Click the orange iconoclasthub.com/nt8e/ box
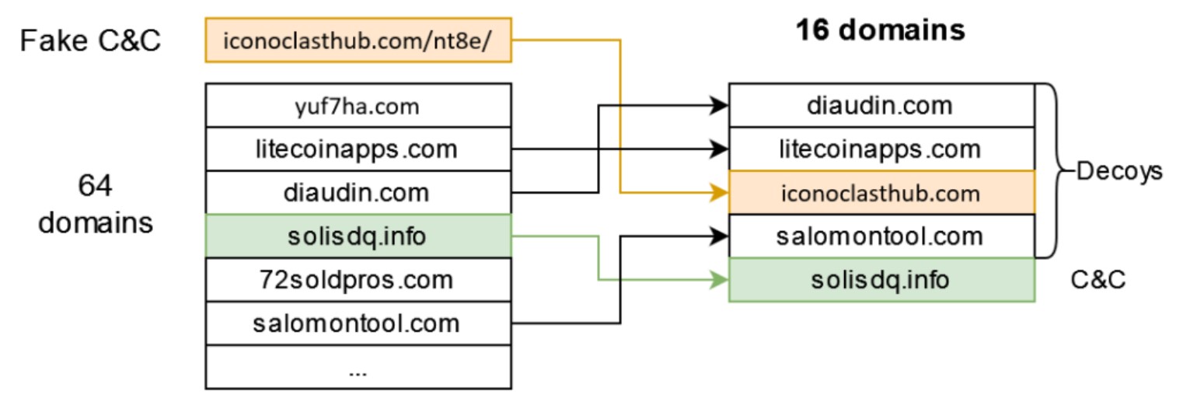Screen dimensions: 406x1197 pos(358,40)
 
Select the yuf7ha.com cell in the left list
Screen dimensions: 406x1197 pos(358,106)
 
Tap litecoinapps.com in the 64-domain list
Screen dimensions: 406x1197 pos(358,149)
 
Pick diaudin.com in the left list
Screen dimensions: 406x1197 pos(358,192)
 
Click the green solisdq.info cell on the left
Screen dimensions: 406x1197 pos(358,236)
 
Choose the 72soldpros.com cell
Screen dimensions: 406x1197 pos(358,278)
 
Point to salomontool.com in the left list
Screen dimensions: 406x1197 pos(358,322)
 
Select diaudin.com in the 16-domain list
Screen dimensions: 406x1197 pos(881,105)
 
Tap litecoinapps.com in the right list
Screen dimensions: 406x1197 pos(881,149)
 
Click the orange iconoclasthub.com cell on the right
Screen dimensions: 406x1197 pos(881,192)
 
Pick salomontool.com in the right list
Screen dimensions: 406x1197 pos(881,236)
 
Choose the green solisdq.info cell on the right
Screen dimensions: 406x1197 pos(881,279)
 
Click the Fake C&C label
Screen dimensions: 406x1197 pos(90,40)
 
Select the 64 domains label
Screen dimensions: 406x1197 pos(96,204)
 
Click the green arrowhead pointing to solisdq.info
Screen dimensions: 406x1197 pos(721,279)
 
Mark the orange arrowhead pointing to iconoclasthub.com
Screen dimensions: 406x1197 pos(721,192)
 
